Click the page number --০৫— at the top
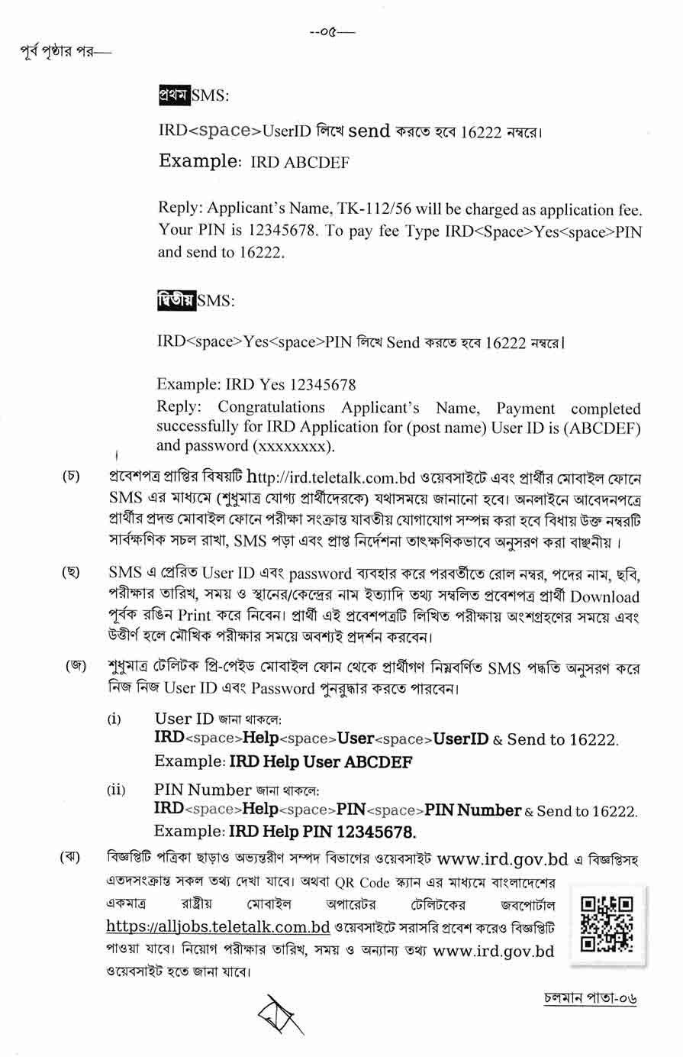point(332,32)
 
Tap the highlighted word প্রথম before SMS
point(173,95)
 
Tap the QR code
point(607,923)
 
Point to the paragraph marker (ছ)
point(71,573)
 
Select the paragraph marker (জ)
point(75,666)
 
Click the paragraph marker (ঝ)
point(71,859)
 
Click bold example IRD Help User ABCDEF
point(321,761)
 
